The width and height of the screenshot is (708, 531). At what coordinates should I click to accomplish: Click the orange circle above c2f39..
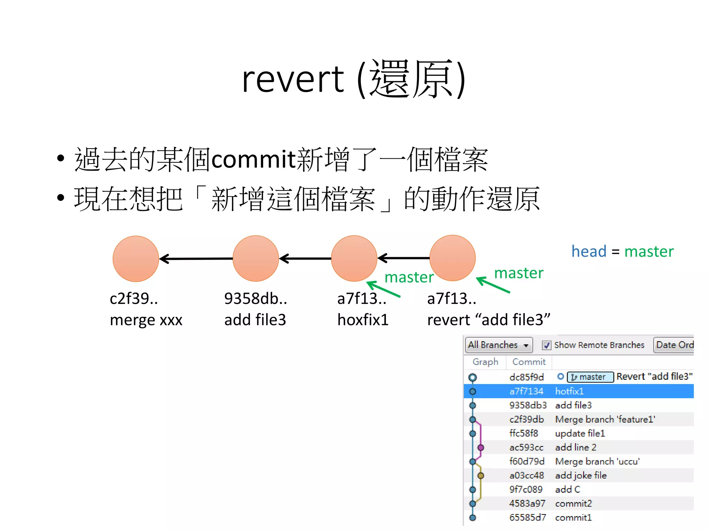[136, 259]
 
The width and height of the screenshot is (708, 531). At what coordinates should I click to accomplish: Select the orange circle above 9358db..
[256, 258]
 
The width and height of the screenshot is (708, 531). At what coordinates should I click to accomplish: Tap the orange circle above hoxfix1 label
[354, 258]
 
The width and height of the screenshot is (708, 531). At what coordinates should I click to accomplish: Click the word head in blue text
[589, 251]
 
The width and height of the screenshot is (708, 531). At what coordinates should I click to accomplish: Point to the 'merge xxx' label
[146, 320]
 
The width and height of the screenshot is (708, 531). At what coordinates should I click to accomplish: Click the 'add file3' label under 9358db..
[255, 320]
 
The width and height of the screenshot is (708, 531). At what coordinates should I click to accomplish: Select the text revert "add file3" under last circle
[488, 320]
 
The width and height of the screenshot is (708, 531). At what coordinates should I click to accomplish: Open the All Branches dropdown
[498, 345]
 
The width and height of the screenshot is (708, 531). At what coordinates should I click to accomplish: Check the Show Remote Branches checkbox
[547, 345]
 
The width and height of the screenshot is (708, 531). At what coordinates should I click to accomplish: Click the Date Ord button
[674, 345]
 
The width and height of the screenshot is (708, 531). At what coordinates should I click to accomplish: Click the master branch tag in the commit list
[590, 377]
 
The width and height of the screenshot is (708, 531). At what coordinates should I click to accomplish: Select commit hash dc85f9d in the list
[527, 377]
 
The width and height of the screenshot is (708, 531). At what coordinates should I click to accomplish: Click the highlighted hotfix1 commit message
[569, 391]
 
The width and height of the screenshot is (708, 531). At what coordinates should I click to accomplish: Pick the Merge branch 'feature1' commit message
[605, 419]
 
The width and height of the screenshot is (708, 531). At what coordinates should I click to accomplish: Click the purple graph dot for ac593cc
[481, 448]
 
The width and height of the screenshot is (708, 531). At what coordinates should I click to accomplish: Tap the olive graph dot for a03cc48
[481, 476]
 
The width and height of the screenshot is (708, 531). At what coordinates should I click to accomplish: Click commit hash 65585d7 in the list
[528, 518]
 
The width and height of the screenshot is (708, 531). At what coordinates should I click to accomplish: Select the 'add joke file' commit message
[581, 476]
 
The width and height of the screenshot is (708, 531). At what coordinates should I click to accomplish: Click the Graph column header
[485, 362]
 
